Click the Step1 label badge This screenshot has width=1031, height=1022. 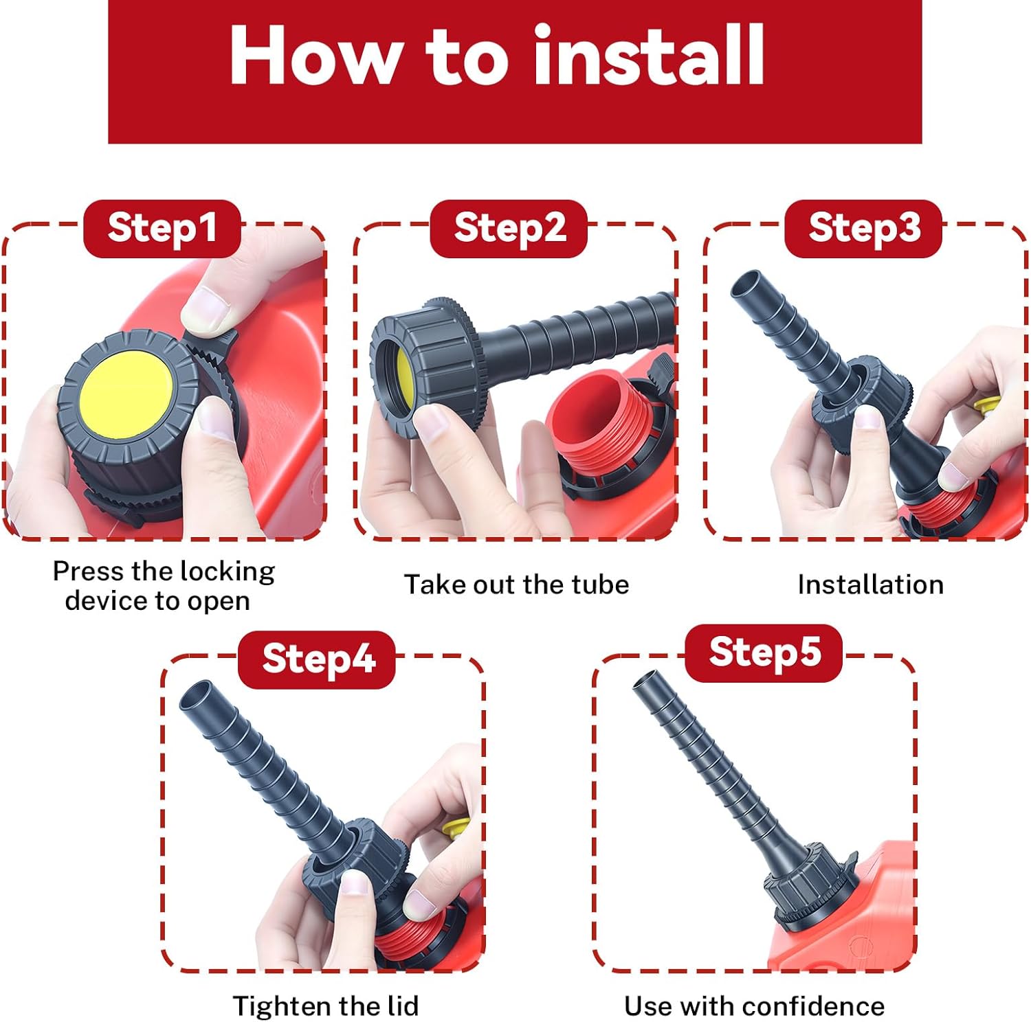click(162, 229)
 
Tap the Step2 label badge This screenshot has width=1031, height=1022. click(509, 229)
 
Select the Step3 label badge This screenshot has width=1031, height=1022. click(863, 229)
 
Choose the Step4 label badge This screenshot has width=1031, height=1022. click(317, 659)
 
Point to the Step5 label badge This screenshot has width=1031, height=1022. click(764, 653)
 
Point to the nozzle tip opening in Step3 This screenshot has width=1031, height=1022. click(744, 284)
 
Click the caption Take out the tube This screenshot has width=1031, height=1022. click(516, 584)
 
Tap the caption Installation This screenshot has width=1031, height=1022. click(870, 584)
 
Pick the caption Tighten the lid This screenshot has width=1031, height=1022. click(326, 1006)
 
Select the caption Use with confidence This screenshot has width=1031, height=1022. click(754, 1006)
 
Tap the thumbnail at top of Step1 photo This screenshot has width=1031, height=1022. click(206, 310)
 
